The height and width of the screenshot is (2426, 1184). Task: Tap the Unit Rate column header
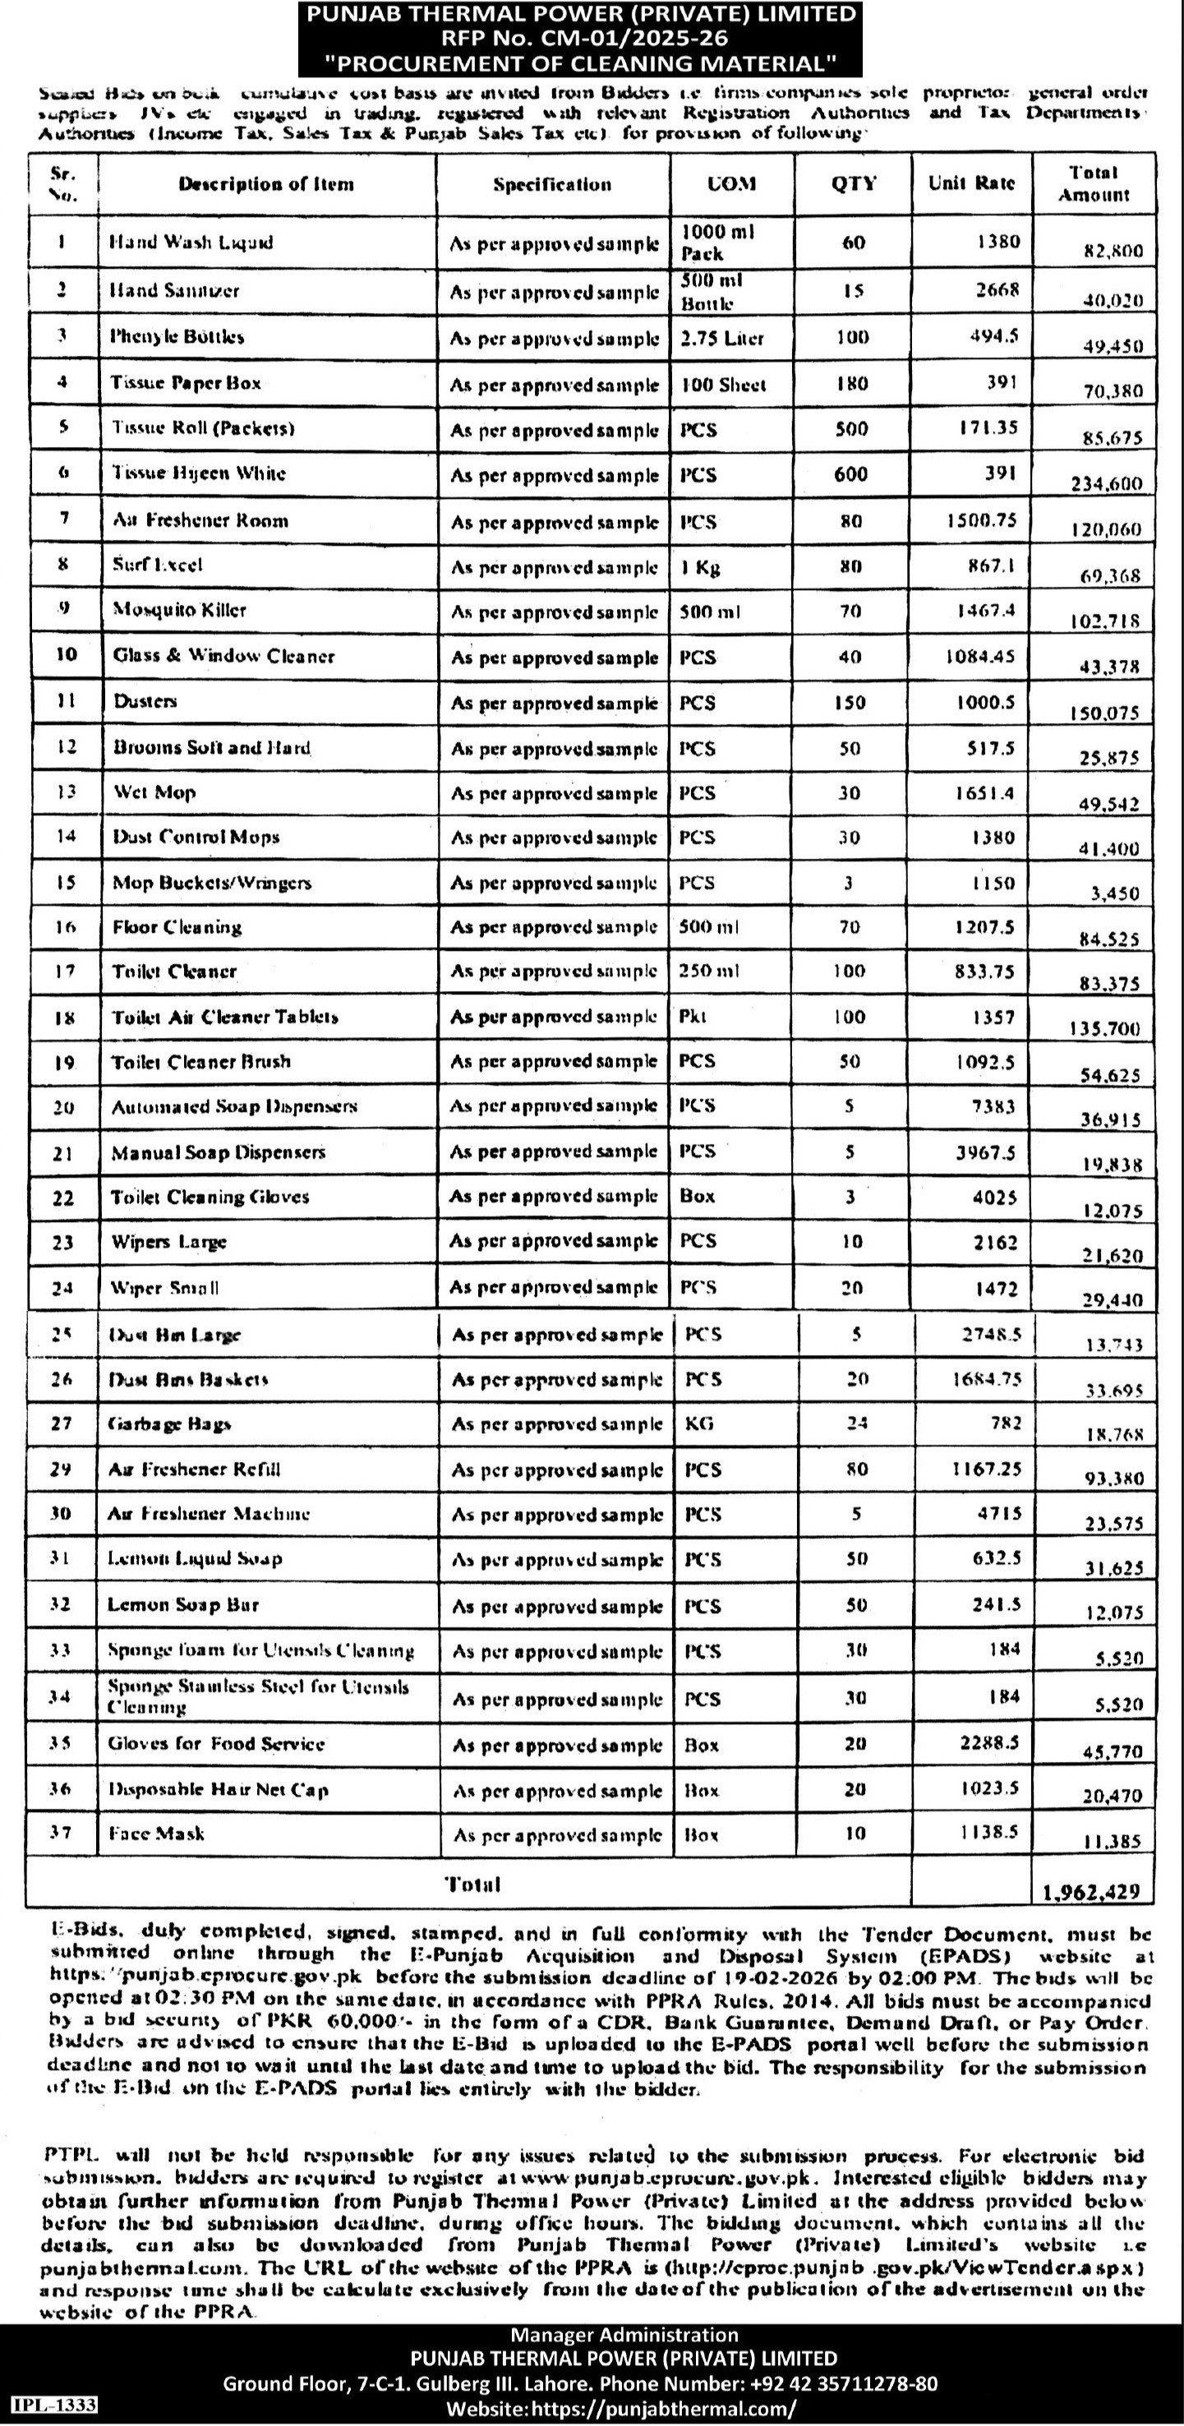coord(971,183)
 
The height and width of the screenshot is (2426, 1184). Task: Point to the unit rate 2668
coord(997,289)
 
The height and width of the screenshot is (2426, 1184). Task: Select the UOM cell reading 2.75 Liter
coord(722,337)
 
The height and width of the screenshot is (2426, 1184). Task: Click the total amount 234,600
coord(1106,484)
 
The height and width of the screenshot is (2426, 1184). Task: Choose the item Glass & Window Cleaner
coord(223,656)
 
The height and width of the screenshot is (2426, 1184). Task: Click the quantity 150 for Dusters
coord(851,702)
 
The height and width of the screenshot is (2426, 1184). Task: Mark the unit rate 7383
coord(993,1107)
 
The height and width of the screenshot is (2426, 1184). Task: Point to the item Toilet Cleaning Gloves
coord(210,1197)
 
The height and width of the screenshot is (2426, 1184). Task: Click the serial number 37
coord(62,1833)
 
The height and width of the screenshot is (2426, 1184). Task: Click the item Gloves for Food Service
coord(216,1743)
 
